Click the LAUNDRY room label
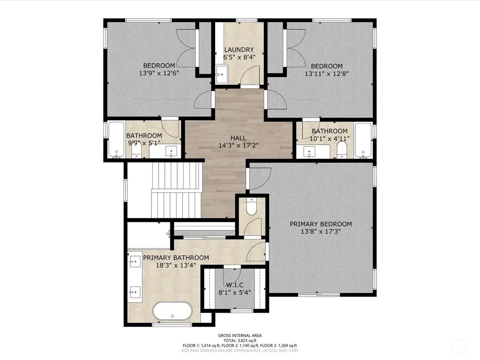239,50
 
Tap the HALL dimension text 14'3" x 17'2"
238,145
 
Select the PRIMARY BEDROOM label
321,224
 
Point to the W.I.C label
235,285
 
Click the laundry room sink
222,74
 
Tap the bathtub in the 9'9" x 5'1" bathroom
117,139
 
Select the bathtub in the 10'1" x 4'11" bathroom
363,140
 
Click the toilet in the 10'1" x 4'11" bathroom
342,150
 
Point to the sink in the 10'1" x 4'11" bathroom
309,152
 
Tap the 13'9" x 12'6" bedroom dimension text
159,73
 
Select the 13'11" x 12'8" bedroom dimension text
327,73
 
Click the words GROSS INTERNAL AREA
240,336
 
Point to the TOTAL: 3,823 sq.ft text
240,340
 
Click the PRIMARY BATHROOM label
176,258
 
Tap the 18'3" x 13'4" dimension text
176,265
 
